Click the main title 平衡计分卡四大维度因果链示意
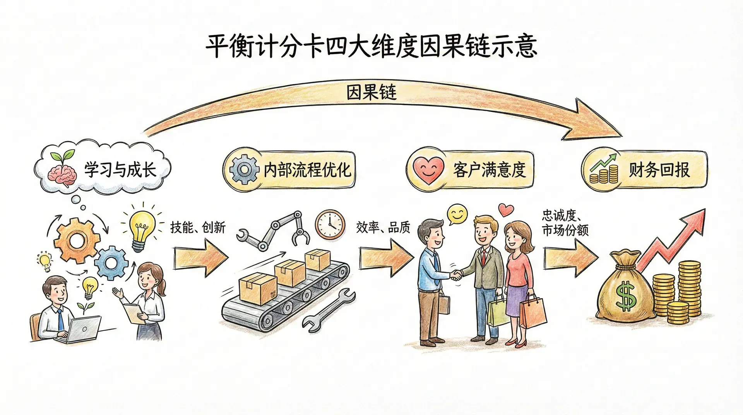coord(371,47)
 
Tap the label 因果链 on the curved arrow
coord(371,93)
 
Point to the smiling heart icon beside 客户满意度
coord(428,170)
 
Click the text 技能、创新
coord(198,227)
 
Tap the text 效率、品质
coord(383,227)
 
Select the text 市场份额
coord(565,230)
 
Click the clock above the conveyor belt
coord(330,224)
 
